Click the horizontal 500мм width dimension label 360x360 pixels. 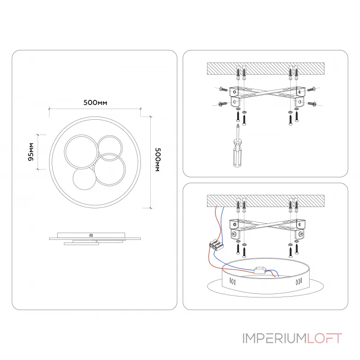pyautogui.click(x=95, y=103)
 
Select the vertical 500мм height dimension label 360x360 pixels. pyautogui.click(x=157, y=160)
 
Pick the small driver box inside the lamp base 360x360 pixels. pyautogui.click(x=261, y=271)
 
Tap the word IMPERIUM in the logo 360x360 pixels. pyautogui.click(x=274, y=338)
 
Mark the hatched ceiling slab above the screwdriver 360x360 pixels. pyautogui.click(x=265, y=69)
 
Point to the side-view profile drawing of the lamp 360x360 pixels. pyautogui.click(x=94, y=239)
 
